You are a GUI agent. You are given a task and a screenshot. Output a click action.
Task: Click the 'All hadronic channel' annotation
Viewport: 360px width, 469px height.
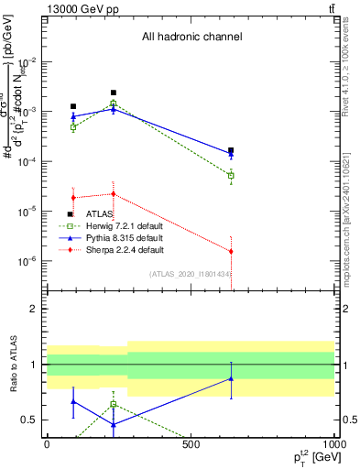pyautogui.click(x=191, y=38)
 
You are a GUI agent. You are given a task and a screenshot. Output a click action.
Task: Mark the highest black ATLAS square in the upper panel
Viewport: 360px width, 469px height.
pyautogui.click(x=113, y=93)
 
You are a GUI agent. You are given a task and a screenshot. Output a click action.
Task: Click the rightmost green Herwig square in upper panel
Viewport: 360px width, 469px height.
pyautogui.click(x=231, y=175)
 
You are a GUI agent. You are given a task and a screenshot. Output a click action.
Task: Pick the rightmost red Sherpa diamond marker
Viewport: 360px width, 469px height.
pyautogui.click(x=231, y=251)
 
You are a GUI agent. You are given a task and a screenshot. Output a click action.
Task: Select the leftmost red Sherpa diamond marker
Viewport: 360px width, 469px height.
pyautogui.click(x=73, y=198)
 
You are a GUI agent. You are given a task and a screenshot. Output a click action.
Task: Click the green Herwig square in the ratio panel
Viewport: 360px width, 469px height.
pyautogui.click(x=113, y=404)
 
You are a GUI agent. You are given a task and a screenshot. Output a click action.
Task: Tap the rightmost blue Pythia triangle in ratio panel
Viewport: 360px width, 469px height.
pyautogui.click(x=231, y=378)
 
